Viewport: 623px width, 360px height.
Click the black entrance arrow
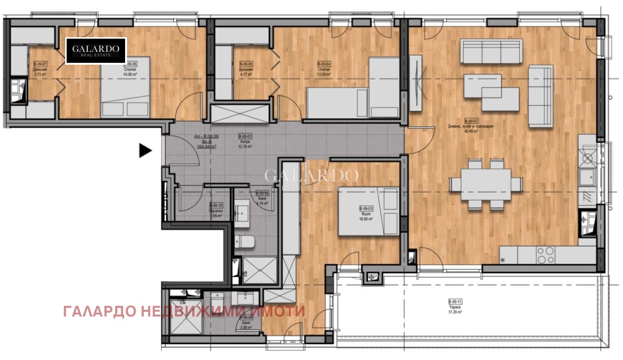[145, 151]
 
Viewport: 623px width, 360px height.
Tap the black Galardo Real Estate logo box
[96, 51]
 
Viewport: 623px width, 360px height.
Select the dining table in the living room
[485, 184]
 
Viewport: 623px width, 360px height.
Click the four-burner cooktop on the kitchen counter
[546, 255]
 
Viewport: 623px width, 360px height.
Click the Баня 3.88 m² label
[247, 322]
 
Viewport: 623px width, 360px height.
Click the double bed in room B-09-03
[368, 211]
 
